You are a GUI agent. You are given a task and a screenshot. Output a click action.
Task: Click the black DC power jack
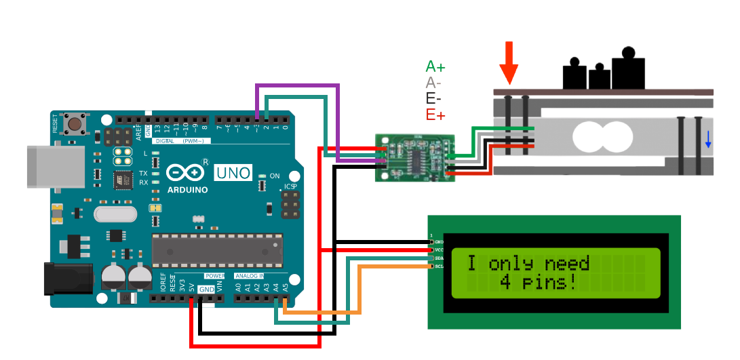tap(67, 278)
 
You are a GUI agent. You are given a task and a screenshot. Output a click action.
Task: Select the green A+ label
tap(435, 66)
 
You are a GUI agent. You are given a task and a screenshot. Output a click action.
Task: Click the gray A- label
tap(433, 83)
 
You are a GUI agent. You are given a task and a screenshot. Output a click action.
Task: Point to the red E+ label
tap(435, 115)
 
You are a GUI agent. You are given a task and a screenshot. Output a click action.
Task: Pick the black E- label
tap(433, 99)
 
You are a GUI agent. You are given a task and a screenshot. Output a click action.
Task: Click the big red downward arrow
tap(509, 62)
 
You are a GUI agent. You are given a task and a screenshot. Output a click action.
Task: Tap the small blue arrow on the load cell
tap(708, 139)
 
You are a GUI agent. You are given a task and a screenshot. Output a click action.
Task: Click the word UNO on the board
tap(233, 173)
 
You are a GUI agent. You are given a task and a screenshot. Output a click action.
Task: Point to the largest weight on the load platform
tap(628, 69)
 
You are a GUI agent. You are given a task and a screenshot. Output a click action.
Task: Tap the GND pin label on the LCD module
tap(439, 242)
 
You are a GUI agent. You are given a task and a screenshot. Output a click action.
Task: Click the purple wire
tap(298, 86)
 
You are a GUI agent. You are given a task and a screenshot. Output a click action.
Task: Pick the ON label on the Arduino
tap(275, 176)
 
